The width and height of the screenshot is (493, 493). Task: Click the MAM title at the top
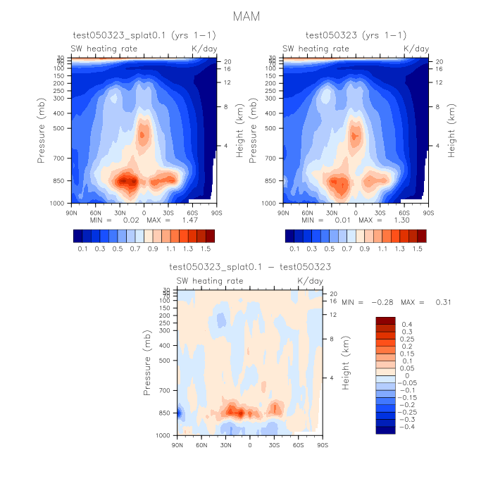click(x=246, y=15)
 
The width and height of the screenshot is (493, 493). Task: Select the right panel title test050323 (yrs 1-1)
click(x=356, y=35)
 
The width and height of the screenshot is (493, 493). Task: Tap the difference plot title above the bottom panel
click(x=250, y=268)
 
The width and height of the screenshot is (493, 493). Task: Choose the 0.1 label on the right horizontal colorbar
click(x=294, y=249)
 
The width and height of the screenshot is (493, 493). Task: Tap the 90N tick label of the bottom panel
click(x=177, y=445)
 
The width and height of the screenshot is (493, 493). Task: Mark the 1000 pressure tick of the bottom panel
click(x=161, y=436)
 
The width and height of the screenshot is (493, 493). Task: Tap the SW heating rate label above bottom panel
click(x=210, y=281)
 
